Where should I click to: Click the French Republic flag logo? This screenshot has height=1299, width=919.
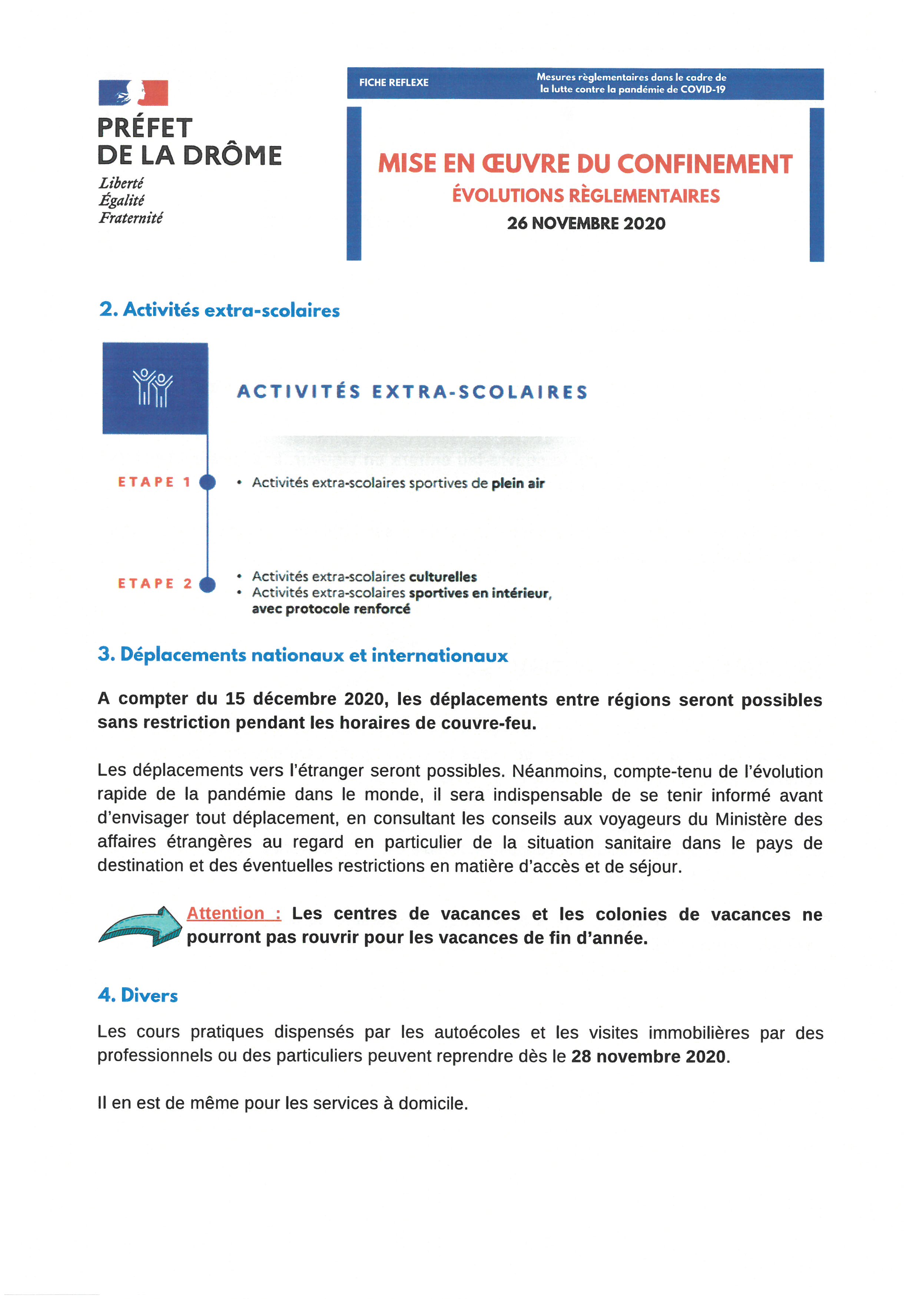click(x=133, y=93)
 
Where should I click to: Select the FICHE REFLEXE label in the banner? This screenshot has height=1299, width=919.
click(x=394, y=83)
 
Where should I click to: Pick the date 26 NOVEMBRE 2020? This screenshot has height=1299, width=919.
click(x=586, y=223)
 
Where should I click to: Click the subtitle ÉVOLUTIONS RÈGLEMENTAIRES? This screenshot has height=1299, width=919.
click(x=586, y=196)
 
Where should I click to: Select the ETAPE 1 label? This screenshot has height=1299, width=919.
click(x=154, y=482)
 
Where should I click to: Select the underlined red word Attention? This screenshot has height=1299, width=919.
click(x=226, y=913)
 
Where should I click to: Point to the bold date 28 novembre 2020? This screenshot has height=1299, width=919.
click(x=648, y=1056)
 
